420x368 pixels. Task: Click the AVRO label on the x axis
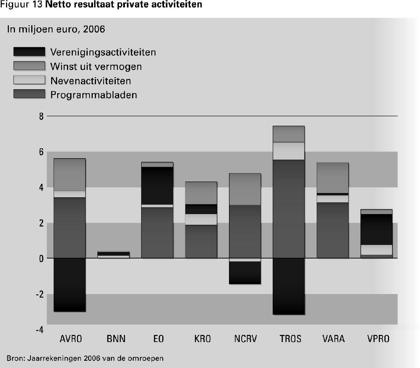(70, 338)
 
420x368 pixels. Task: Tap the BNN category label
(116, 338)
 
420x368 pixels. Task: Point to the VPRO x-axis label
(378, 338)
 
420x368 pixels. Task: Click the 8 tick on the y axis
(41, 116)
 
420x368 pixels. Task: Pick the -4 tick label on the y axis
(39, 330)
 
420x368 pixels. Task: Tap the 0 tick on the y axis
(41, 258)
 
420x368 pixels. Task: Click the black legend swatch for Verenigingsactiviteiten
(29, 52)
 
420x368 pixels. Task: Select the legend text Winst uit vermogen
(96, 66)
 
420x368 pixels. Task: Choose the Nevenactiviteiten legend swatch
(29, 80)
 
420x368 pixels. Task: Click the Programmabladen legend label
(93, 95)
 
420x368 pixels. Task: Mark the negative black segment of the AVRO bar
(69, 284)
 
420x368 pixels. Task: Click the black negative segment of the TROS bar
(289, 286)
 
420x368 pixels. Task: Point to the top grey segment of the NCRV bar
(245, 189)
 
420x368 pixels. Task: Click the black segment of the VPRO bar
(377, 229)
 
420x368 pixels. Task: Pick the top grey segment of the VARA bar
(332, 178)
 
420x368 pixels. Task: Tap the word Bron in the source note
(14, 357)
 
